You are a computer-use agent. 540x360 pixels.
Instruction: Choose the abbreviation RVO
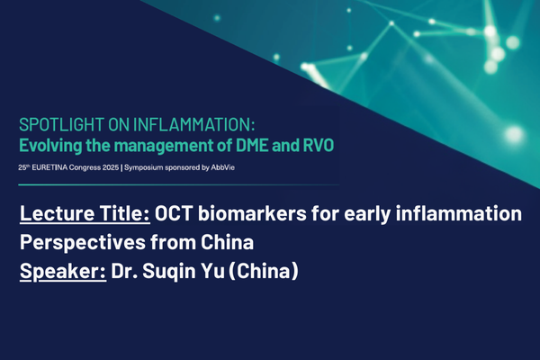click(313, 143)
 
